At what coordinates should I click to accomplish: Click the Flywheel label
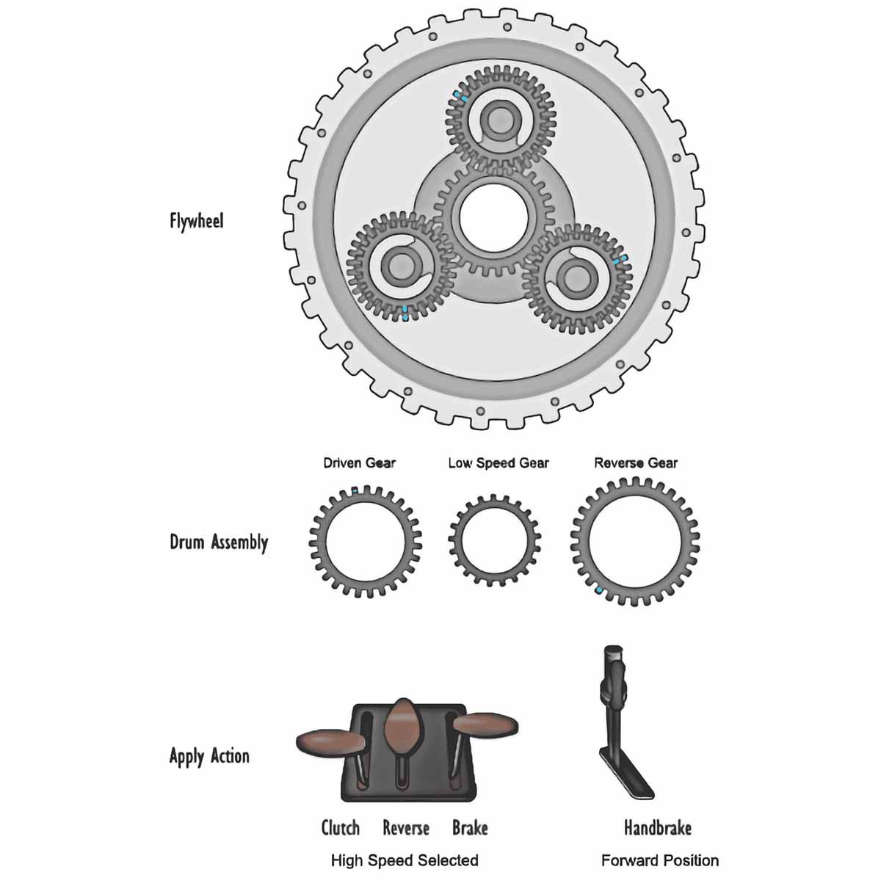coord(196,220)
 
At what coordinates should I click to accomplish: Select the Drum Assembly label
coord(219,542)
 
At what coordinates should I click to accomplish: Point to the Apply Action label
coord(209,756)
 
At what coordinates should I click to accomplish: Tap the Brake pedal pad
coord(485,724)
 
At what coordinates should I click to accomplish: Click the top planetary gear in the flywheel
coord(503,119)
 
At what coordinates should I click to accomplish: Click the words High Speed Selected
coord(405,860)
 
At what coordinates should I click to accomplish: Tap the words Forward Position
coord(659,860)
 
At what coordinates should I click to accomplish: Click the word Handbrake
coord(657,828)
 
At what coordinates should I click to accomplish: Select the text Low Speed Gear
coord(498,463)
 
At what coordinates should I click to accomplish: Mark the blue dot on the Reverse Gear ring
coord(600,590)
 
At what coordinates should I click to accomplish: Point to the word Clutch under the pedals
coord(341,828)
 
